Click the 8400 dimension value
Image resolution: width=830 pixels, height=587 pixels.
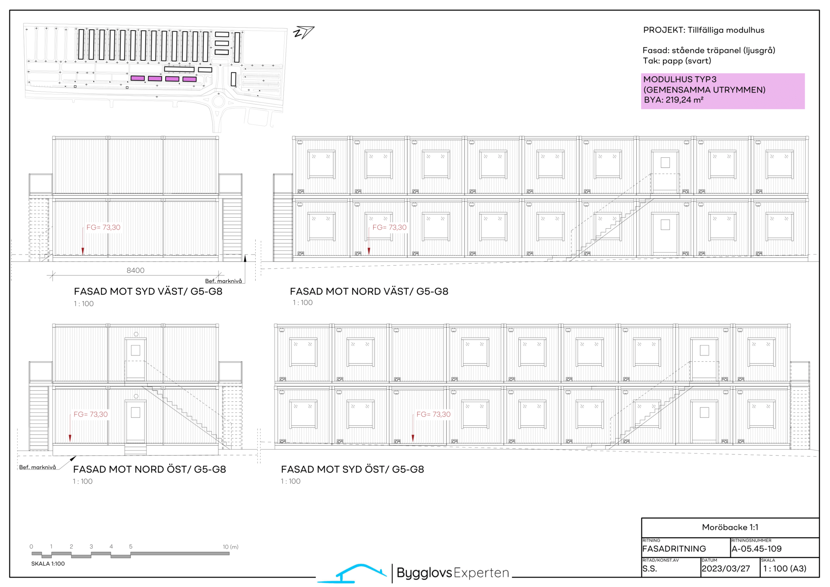click(135, 270)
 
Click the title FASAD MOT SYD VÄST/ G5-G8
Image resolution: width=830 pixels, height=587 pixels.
click(148, 291)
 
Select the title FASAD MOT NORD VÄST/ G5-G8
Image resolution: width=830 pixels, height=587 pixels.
click(369, 291)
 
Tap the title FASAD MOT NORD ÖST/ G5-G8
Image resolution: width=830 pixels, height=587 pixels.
click(150, 469)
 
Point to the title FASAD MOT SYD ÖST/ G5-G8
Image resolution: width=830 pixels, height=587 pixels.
click(353, 469)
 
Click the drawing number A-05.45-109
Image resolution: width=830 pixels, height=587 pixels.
click(757, 549)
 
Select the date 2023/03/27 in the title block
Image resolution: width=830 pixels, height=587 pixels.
click(726, 569)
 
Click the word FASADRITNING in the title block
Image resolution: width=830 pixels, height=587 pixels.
click(674, 549)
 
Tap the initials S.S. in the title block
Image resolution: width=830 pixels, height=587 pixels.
click(649, 569)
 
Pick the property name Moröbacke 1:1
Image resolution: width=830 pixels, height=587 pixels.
click(730, 527)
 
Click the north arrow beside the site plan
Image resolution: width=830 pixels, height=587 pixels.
click(304, 32)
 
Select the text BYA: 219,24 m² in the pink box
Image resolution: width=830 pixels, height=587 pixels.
click(674, 100)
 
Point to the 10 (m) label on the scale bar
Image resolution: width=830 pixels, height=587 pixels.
click(231, 547)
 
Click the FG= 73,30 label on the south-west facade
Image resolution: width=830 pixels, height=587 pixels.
click(103, 227)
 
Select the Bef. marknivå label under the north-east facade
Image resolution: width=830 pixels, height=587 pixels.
click(38, 467)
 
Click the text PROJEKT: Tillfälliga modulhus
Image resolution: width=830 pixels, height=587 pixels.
click(704, 30)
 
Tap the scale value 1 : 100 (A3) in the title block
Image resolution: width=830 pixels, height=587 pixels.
click(785, 569)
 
